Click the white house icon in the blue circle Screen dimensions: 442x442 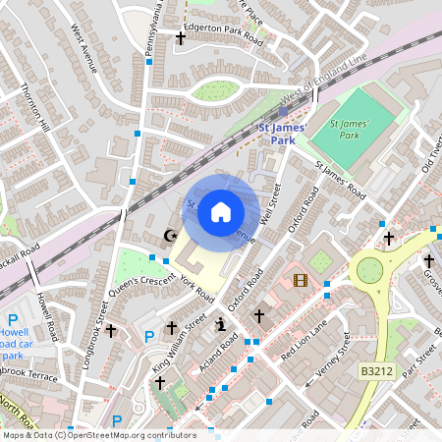point(221,211)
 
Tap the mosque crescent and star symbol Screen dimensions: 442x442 point(169,236)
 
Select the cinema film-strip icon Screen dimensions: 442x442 point(301,281)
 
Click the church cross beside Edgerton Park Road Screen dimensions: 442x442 point(180,38)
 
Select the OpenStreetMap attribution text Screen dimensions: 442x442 point(98,435)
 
